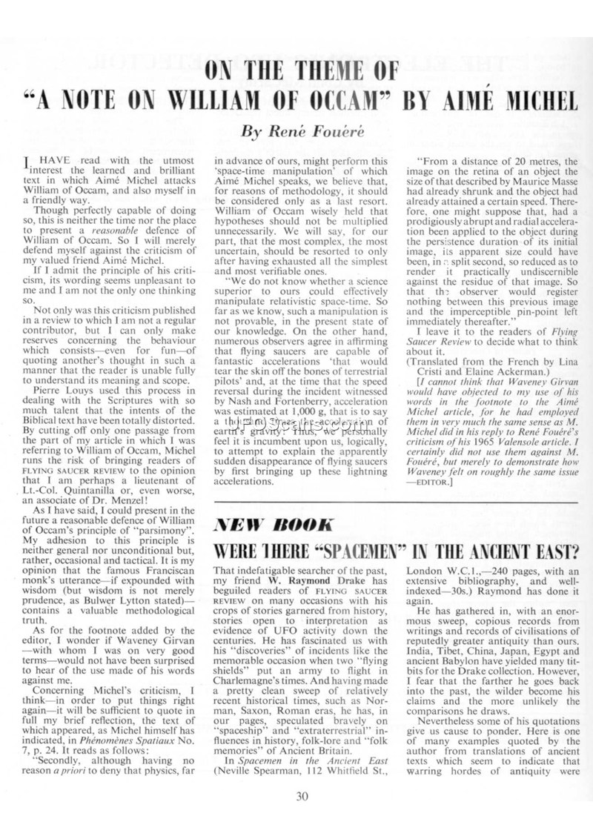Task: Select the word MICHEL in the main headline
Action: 536,100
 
